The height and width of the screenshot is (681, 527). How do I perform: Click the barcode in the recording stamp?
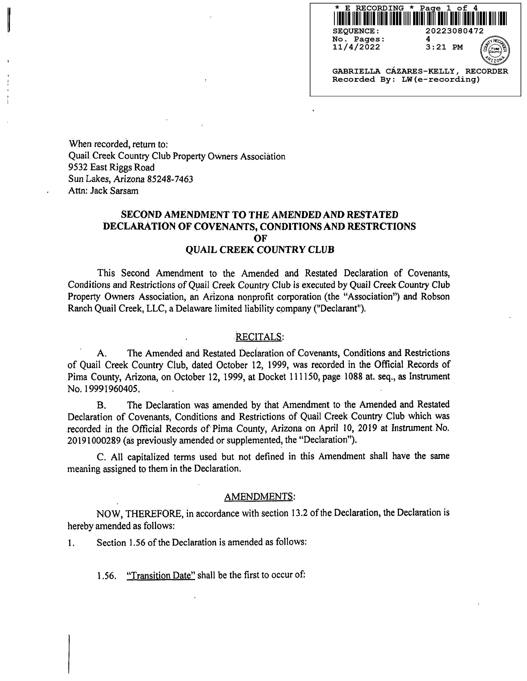pyautogui.click(x=420, y=18)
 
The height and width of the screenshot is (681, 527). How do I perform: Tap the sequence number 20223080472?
pyautogui.click(x=455, y=31)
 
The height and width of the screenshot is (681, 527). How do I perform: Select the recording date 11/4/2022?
pyautogui.click(x=356, y=47)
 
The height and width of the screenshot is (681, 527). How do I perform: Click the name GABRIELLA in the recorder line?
pyautogui.click(x=356, y=71)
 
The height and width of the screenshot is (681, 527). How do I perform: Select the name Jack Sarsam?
pyautogui.click(x=114, y=191)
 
